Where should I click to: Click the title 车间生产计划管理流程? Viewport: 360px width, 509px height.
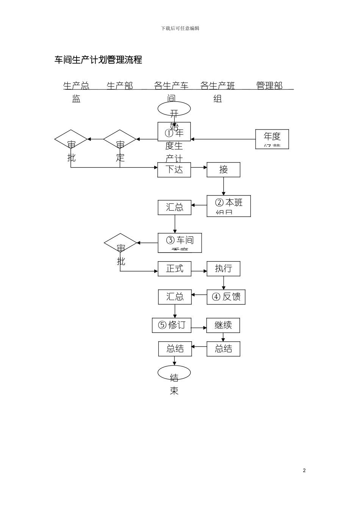98,60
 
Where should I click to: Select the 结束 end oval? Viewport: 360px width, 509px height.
174,373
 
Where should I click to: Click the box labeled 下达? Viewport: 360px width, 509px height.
174,170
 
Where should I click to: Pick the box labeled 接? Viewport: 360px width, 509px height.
223,170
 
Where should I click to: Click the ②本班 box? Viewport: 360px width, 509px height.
229,206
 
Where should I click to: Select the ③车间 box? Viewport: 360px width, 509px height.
180,243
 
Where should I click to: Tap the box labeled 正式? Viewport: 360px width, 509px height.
174,269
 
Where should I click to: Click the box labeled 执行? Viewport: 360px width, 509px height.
223,269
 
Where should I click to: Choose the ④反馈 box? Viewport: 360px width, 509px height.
226,297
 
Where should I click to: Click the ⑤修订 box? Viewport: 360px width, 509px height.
171,325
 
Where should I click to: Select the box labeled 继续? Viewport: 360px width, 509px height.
223,325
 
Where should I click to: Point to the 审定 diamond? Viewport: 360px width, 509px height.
120,140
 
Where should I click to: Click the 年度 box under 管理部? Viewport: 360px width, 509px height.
272,139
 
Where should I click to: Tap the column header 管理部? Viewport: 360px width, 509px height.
269,86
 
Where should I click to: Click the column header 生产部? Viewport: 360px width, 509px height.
120,86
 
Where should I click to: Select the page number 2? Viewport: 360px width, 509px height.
304,470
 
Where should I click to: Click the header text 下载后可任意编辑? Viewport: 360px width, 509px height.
180,28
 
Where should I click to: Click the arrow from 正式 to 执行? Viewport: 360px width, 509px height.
199,271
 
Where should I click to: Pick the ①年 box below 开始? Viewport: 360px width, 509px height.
174,132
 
